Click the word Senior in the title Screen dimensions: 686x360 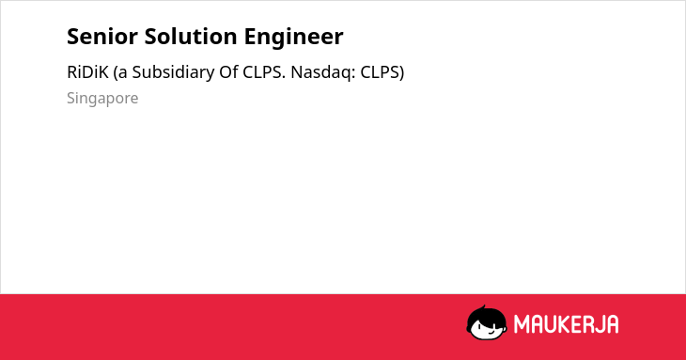tap(102, 37)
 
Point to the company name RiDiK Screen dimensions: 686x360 tap(87, 71)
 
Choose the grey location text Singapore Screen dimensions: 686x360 tap(102, 98)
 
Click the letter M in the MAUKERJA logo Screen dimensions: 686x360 tap(522, 324)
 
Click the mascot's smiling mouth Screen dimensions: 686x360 tap(491, 332)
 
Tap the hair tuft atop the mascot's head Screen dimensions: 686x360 tap(482, 308)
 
